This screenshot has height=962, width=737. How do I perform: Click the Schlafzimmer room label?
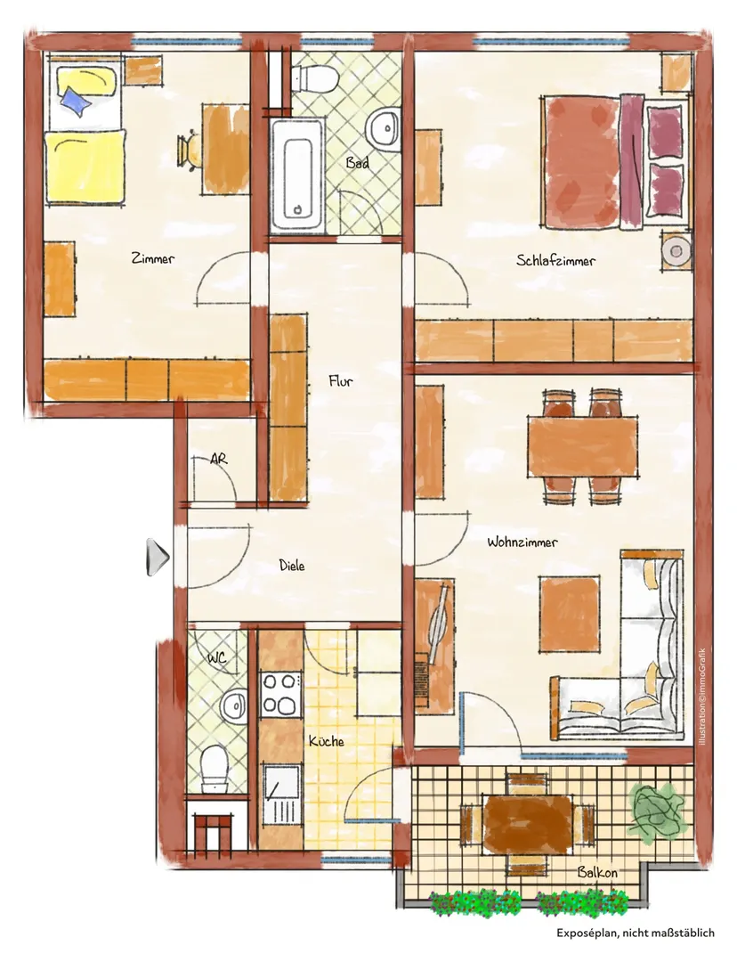555,261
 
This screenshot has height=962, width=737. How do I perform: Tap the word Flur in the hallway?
341,381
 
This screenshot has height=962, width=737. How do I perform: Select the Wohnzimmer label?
522,542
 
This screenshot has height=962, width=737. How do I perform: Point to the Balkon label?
597,872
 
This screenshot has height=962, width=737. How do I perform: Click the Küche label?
326,741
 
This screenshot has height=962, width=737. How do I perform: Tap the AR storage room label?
218,459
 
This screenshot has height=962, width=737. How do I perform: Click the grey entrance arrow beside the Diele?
158,558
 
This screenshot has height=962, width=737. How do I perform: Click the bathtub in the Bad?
297,175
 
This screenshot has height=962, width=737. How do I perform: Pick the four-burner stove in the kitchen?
280,695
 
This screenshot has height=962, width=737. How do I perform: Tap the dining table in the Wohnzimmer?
582,446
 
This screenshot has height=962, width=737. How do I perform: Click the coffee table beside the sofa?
570,614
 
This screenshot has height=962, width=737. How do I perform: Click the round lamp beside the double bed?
676,251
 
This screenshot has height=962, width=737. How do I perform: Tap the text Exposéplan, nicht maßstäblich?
636,933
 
